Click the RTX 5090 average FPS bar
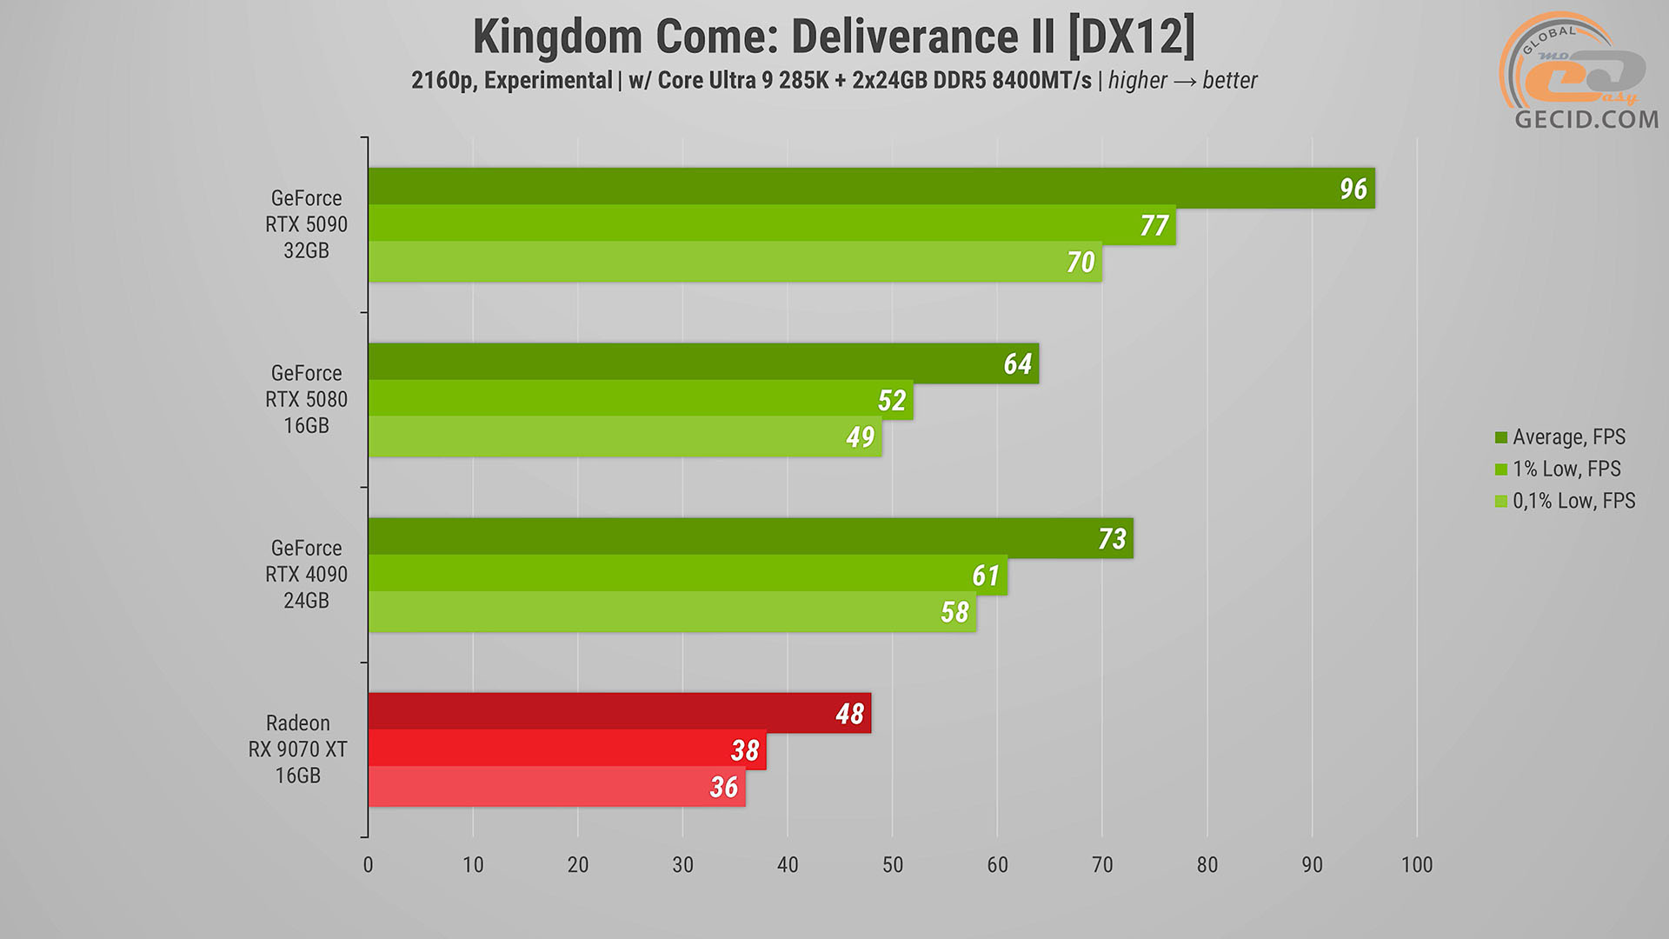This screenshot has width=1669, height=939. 869,187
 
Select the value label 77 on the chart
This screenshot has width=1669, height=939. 1154,226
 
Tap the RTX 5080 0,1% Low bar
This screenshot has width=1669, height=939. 624,437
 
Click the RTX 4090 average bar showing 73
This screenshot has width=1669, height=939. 749,537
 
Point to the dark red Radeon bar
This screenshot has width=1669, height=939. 619,712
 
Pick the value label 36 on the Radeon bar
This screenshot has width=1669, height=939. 724,788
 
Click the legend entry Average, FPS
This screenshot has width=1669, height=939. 1568,437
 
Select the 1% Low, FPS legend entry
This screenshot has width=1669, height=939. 1566,469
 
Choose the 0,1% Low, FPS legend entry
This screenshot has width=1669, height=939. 1573,502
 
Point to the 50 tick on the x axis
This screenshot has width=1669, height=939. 893,865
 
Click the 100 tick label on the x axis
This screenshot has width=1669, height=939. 1417,865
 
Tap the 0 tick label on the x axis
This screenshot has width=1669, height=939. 368,865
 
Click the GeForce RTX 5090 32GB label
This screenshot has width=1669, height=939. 306,224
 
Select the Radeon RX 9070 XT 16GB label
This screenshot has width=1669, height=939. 297,749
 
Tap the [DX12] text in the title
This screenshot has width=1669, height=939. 1131,37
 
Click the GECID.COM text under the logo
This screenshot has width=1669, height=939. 1586,120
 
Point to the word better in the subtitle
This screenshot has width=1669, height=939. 1230,81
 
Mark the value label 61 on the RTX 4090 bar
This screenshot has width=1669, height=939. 986,576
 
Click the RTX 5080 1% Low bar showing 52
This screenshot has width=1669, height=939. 640,400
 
